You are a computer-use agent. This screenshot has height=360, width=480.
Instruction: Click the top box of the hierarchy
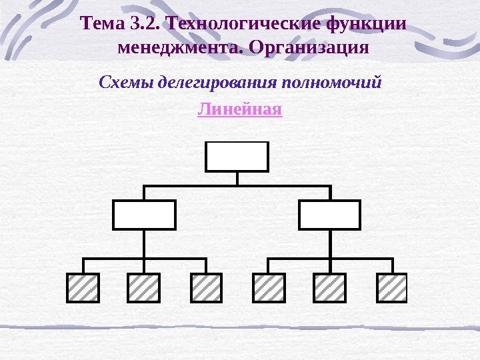click(x=237, y=157)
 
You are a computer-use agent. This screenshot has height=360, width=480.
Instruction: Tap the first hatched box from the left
click(x=83, y=287)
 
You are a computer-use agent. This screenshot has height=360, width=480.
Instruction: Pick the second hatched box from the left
click(x=143, y=287)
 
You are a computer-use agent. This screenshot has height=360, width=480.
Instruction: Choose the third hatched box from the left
click(x=206, y=287)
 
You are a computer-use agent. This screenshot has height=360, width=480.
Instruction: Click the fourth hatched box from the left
click(x=269, y=287)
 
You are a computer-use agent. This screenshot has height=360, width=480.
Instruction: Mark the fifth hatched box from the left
click(x=329, y=287)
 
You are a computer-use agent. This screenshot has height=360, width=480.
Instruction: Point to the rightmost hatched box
click(x=391, y=287)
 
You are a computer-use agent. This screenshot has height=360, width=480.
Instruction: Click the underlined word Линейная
click(x=240, y=109)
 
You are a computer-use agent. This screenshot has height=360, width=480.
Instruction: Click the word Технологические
click(x=244, y=25)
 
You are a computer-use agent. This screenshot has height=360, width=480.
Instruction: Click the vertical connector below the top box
click(x=237, y=179)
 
